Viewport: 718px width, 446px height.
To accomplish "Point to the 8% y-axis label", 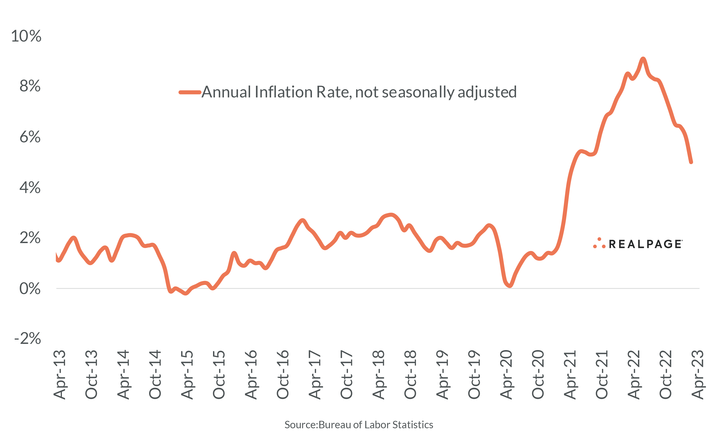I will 30,86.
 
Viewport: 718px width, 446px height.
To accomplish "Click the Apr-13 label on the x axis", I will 59,375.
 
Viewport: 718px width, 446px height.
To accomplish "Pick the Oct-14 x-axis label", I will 155,375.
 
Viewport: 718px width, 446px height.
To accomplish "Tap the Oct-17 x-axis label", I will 346,375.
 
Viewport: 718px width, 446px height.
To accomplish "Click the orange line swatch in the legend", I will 190,92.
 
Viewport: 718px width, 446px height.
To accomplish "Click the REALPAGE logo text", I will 645,244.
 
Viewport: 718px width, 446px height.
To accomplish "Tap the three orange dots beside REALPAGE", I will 599,243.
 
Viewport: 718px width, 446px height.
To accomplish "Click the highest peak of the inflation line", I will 643,59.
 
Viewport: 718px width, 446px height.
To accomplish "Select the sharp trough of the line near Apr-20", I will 510,286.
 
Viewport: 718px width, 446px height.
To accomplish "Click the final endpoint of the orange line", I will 691,162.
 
